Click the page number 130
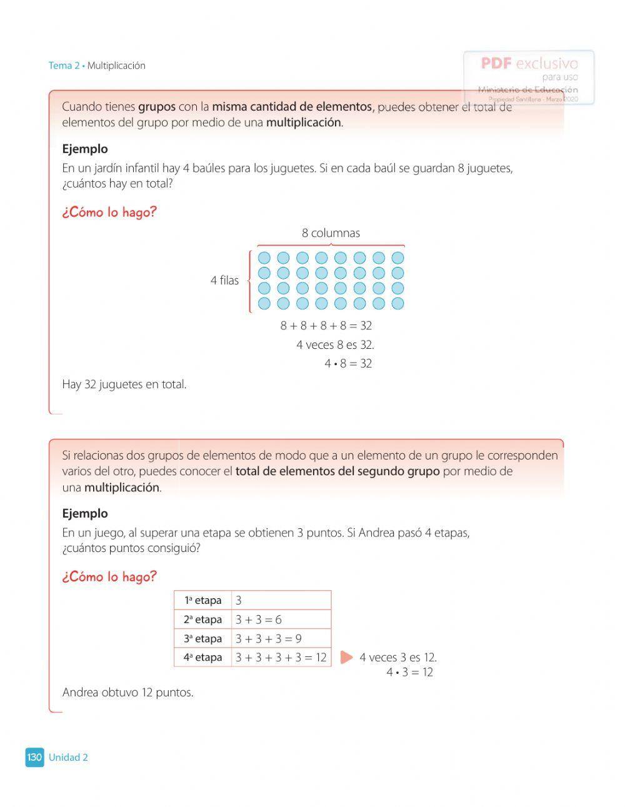(x=34, y=757)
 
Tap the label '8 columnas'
(x=331, y=233)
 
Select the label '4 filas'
(x=224, y=281)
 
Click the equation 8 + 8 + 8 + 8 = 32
(x=326, y=326)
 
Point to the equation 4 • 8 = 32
(x=348, y=364)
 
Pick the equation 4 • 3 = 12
(x=409, y=673)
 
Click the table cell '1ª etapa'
(x=202, y=600)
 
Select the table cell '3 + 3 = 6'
(x=259, y=619)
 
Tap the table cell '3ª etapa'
(x=202, y=639)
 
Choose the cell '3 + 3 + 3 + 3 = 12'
(x=281, y=658)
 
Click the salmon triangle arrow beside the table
(x=346, y=658)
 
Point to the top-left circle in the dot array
(x=264, y=258)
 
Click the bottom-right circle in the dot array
(x=397, y=304)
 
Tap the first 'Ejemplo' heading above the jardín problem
(x=85, y=149)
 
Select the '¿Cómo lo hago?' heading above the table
(x=109, y=576)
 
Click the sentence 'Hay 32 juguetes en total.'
(x=124, y=384)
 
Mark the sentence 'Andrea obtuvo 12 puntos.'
(x=128, y=693)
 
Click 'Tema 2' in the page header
(x=64, y=66)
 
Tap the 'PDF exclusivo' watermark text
(x=529, y=63)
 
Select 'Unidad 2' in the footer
(x=68, y=758)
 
